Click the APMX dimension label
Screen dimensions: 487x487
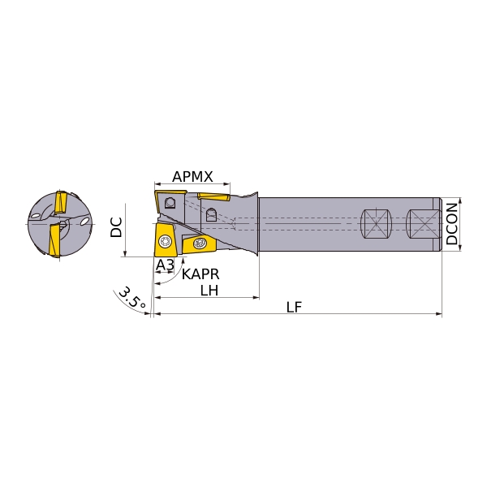point(192,177)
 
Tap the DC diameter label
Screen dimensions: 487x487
point(116,227)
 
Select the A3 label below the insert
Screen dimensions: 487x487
point(165,265)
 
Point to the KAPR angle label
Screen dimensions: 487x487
point(200,274)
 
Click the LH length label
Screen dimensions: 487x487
point(209,291)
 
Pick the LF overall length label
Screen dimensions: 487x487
point(294,307)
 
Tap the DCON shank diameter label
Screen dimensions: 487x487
point(452,224)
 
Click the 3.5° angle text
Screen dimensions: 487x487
point(131,297)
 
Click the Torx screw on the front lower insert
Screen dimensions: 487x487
point(164,241)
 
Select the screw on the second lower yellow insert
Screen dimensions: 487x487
point(199,243)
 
